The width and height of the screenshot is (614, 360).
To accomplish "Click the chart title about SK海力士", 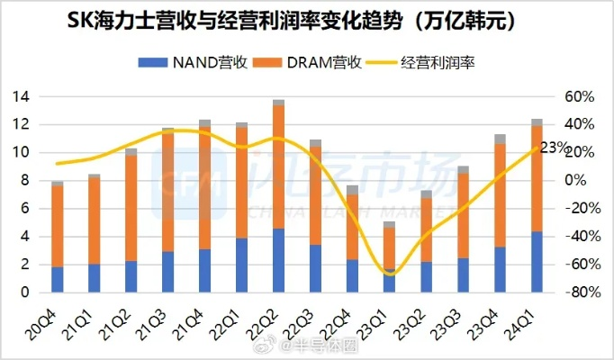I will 306,21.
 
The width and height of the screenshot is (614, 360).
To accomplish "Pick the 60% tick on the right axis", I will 578,96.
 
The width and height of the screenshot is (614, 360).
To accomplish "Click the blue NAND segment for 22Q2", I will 278,261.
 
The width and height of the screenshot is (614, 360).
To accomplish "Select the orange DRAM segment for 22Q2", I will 278,166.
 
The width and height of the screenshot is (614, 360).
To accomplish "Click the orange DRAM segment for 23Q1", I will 389,247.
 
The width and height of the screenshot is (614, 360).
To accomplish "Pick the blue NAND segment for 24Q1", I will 537,262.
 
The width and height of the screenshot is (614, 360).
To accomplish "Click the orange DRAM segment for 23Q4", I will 500,195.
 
